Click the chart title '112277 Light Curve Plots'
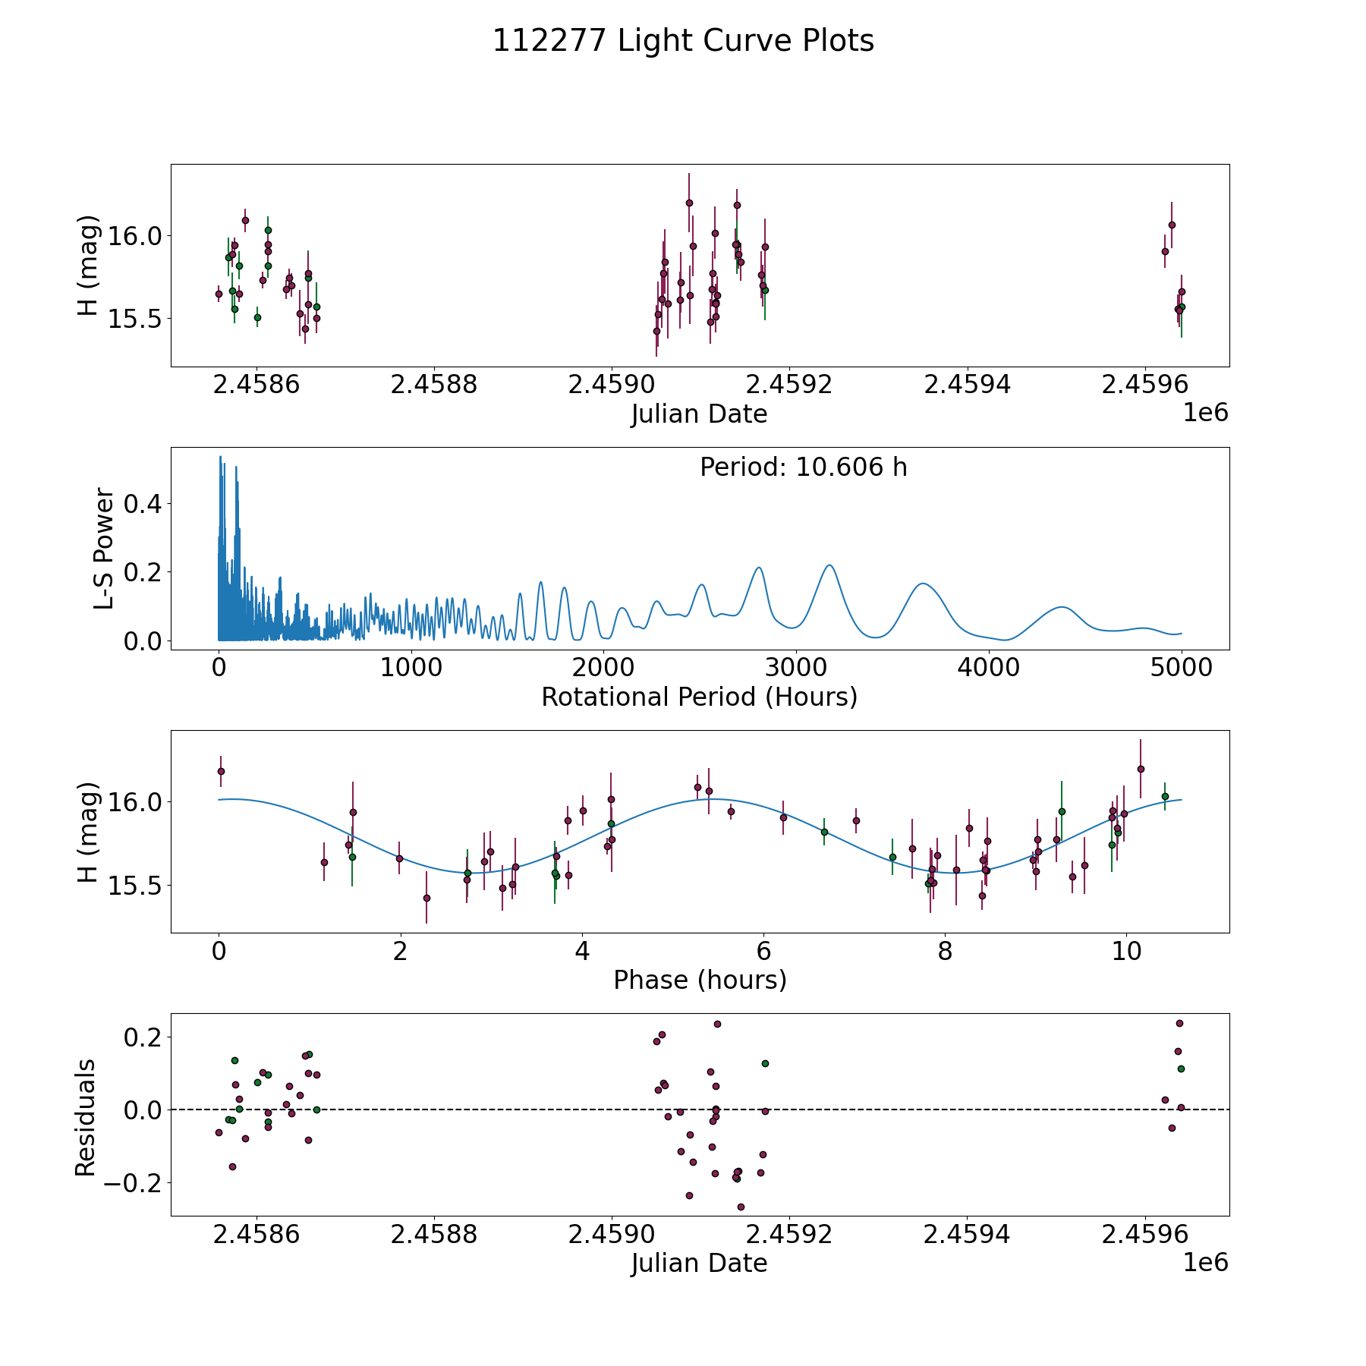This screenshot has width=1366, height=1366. tap(683, 41)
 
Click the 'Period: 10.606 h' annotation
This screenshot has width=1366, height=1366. tap(803, 467)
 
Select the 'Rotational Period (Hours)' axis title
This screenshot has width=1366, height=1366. tap(699, 697)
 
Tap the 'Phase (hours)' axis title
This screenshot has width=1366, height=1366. tap(699, 980)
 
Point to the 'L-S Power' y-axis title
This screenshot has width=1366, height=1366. tap(104, 549)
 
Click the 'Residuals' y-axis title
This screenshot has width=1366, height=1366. tap(86, 1118)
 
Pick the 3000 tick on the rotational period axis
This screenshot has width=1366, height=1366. tap(796, 668)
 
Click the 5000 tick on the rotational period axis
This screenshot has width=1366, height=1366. tap(1181, 668)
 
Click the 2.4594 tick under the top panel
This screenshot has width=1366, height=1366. tap(967, 385)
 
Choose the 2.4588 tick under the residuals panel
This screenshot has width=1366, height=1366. tap(434, 1235)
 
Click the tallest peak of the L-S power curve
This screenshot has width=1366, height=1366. tap(220, 457)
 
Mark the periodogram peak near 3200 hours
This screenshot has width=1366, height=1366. tap(829, 565)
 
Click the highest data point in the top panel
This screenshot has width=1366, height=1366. tap(689, 203)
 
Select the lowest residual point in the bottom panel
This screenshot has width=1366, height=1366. tap(741, 1207)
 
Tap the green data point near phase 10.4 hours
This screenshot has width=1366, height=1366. tap(1165, 796)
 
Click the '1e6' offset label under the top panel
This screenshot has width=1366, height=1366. tap(1205, 413)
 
